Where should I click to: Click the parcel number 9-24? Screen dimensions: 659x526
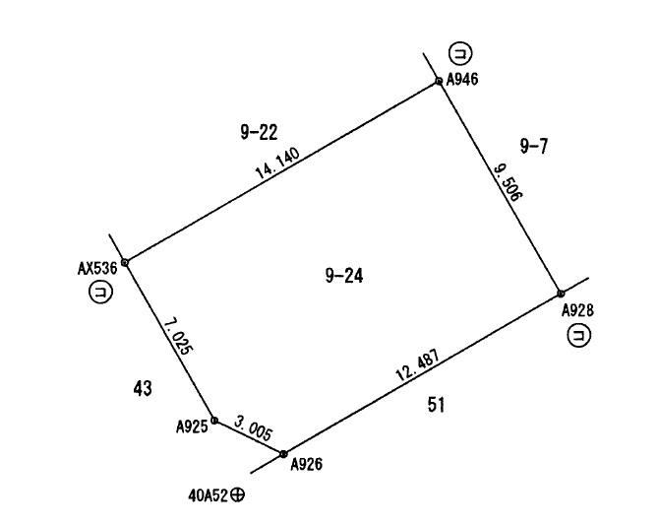tap(344, 276)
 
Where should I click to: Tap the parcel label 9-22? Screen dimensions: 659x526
tap(259, 133)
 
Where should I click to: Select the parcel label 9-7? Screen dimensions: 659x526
tap(534, 146)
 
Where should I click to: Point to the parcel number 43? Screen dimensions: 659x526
tap(143, 388)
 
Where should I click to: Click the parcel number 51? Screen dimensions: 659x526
tap(436, 405)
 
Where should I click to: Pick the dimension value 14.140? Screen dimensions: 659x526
tap(277, 164)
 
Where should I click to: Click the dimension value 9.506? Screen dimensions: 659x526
tap(508, 182)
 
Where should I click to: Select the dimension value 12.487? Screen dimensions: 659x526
tap(418, 364)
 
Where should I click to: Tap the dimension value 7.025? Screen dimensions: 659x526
tap(179, 337)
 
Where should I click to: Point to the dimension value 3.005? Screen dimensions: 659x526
tap(253, 427)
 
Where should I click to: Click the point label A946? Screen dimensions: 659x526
tap(462, 79)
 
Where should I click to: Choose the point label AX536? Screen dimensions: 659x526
tap(97, 269)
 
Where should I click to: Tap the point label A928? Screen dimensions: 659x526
tap(578, 310)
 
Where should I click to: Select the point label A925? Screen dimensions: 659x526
tap(192, 427)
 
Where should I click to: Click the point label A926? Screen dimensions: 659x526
tap(307, 464)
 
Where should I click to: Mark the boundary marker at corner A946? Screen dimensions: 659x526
tap(439, 81)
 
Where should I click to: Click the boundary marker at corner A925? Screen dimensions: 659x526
tap(214, 420)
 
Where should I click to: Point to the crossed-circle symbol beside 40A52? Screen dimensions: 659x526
tap(237, 494)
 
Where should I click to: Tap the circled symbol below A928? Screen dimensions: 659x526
tap(579, 335)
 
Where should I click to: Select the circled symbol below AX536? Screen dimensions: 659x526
tap(101, 292)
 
